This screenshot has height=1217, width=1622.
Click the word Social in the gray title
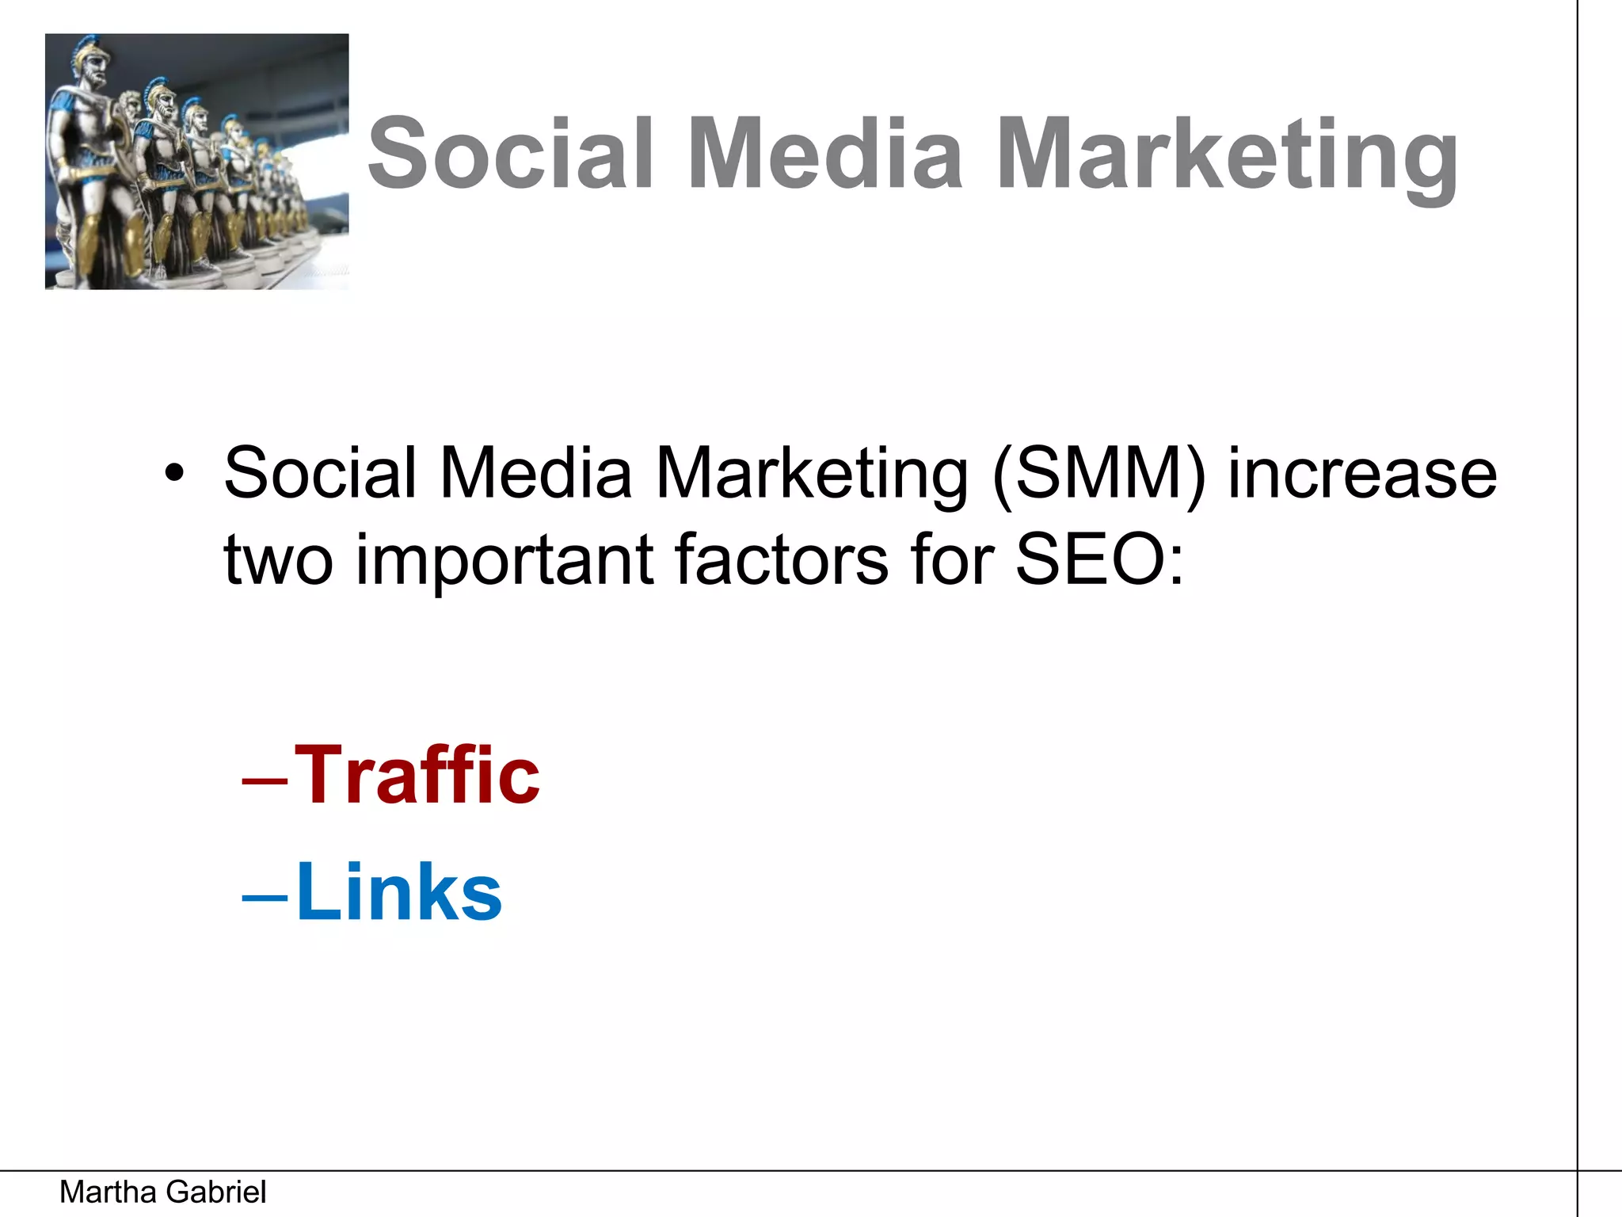point(512,154)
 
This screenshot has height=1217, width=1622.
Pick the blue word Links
point(399,892)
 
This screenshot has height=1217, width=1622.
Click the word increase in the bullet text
point(1362,474)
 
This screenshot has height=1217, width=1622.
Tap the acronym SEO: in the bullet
point(1099,559)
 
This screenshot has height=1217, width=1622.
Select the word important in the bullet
point(504,561)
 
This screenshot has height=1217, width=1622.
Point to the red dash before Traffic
point(265,780)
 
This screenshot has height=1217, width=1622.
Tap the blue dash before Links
point(265,897)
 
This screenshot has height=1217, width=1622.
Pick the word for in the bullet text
point(954,559)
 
